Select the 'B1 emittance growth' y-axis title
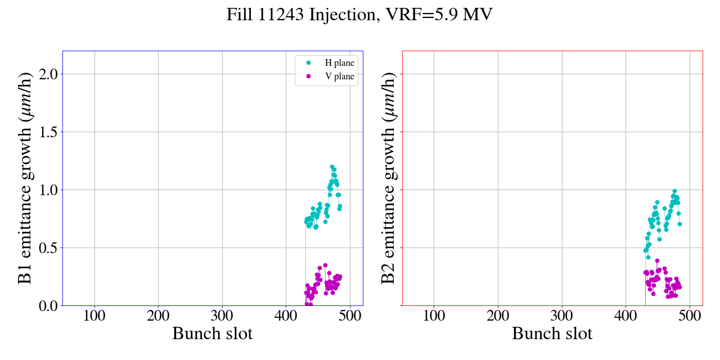tap(25, 178)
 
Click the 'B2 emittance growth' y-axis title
tap(389, 178)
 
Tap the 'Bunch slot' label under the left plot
tap(213, 334)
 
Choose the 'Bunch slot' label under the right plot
tap(552, 334)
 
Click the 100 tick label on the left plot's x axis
tap(94, 316)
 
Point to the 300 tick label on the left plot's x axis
tap(222, 316)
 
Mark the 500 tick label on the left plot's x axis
tap(350, 316)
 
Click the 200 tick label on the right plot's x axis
tap(498, 316)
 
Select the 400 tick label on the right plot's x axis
tap(625, 316)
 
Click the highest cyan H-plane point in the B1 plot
tap(332, 167)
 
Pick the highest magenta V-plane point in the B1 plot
tap(325, 265)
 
